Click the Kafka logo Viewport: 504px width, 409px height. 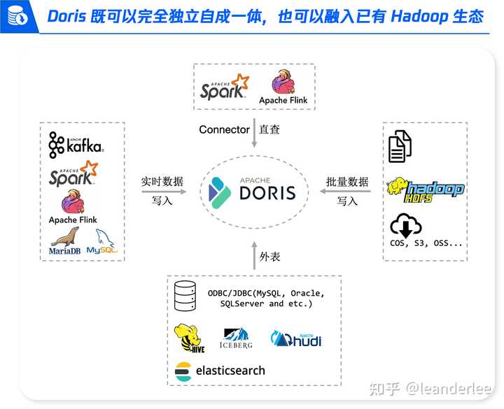pos(76,145)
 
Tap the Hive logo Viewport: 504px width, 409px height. pos(189,338)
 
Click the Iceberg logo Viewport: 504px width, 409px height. pos(235,338)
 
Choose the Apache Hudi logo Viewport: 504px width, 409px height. pos(296,339)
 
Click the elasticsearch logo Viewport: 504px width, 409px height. pos(220,371)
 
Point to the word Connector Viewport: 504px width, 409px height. pos(224,129)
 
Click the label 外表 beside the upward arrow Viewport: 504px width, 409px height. pos(269,257)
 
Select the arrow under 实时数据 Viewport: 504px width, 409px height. pos(162,191)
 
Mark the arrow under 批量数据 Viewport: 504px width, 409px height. pos(347,191)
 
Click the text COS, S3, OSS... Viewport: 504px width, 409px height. pos(426,243)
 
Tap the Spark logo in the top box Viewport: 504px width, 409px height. pos(223,86)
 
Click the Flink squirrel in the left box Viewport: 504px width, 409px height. pos(73,203)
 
